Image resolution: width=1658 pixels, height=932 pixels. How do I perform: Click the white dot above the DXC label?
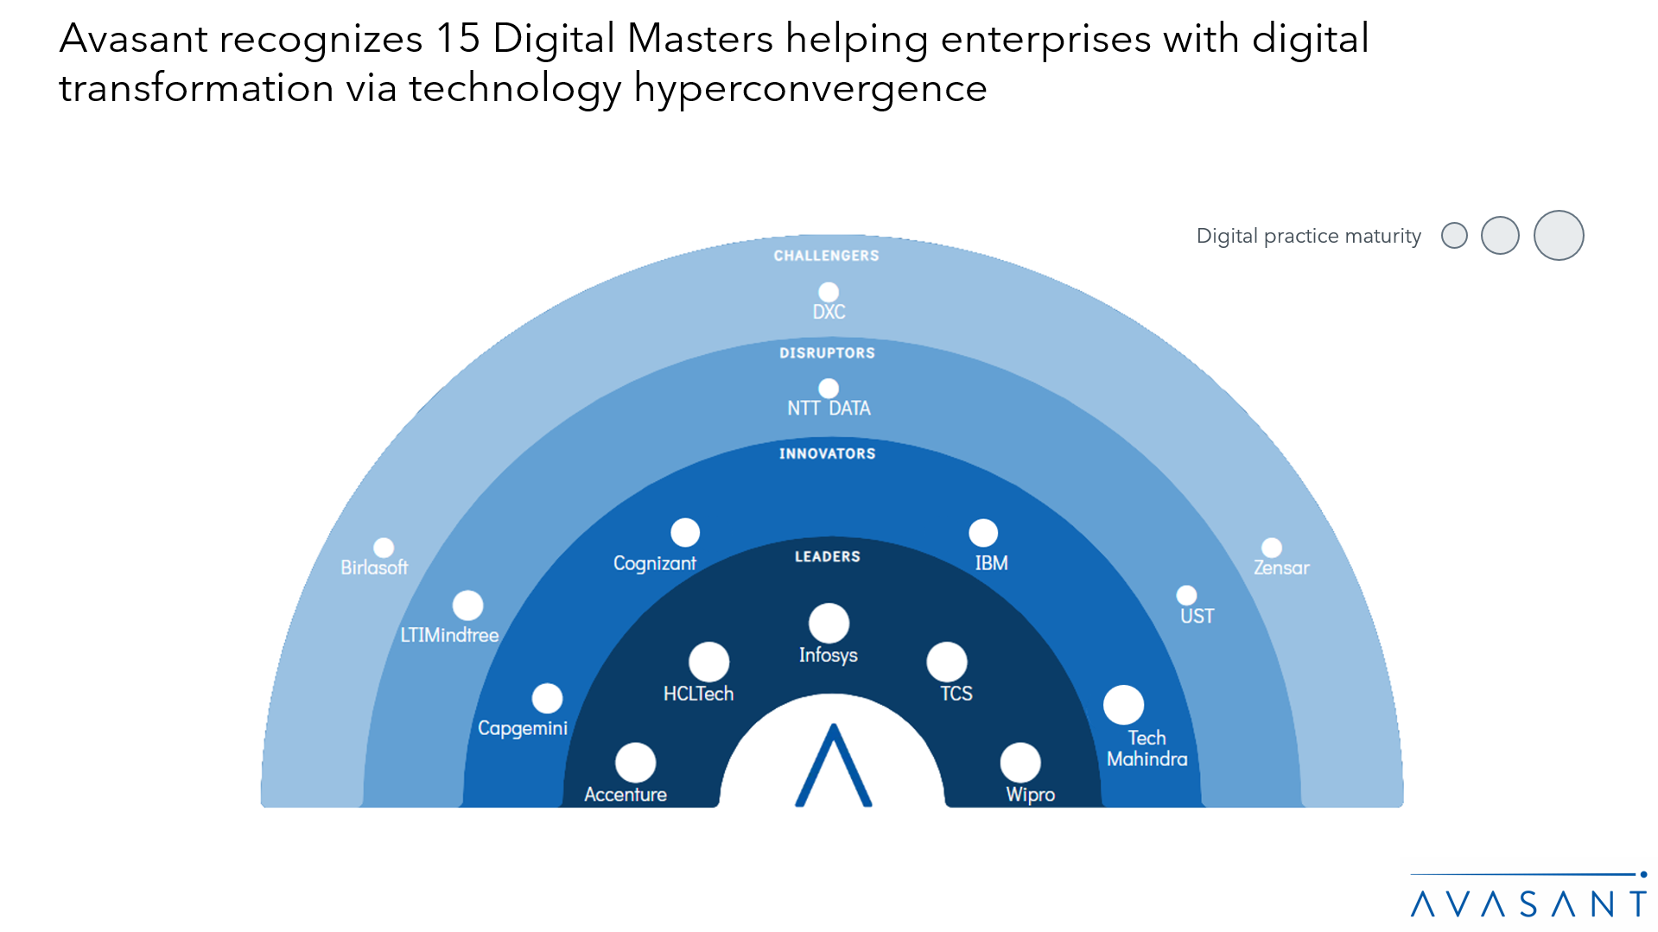[829, 292]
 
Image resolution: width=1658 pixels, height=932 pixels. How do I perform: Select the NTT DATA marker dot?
[829, 389]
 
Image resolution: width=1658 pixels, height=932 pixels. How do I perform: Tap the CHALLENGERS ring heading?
[826, 256]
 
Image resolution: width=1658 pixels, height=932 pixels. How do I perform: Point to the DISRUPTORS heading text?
[827, 353]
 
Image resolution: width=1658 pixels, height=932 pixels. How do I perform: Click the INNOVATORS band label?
[827, 453]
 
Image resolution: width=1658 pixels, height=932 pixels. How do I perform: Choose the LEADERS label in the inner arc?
[827, 556]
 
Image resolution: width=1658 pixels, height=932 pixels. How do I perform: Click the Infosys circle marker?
[829, 623]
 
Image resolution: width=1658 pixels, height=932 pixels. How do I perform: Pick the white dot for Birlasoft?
[384, 548]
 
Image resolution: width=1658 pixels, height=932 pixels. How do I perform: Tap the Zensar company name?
[1281, 567]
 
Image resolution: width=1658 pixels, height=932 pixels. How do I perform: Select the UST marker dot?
[1186, 595]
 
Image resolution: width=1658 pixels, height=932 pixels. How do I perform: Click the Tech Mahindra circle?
[1123, 705]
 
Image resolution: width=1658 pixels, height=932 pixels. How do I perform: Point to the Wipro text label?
[1030, 795]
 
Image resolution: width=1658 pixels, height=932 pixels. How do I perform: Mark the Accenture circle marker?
[635, 763]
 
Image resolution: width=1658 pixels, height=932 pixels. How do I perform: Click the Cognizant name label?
[654, 563]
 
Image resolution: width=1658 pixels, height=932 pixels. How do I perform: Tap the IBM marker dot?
[983, 533]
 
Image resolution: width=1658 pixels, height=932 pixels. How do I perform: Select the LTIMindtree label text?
[449, 635]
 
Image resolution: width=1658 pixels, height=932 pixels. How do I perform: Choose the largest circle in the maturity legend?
[1558, 235]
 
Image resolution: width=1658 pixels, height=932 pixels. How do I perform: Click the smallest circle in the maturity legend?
[1454, 235]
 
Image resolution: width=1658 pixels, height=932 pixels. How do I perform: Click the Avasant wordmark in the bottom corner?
[1528, 903]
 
